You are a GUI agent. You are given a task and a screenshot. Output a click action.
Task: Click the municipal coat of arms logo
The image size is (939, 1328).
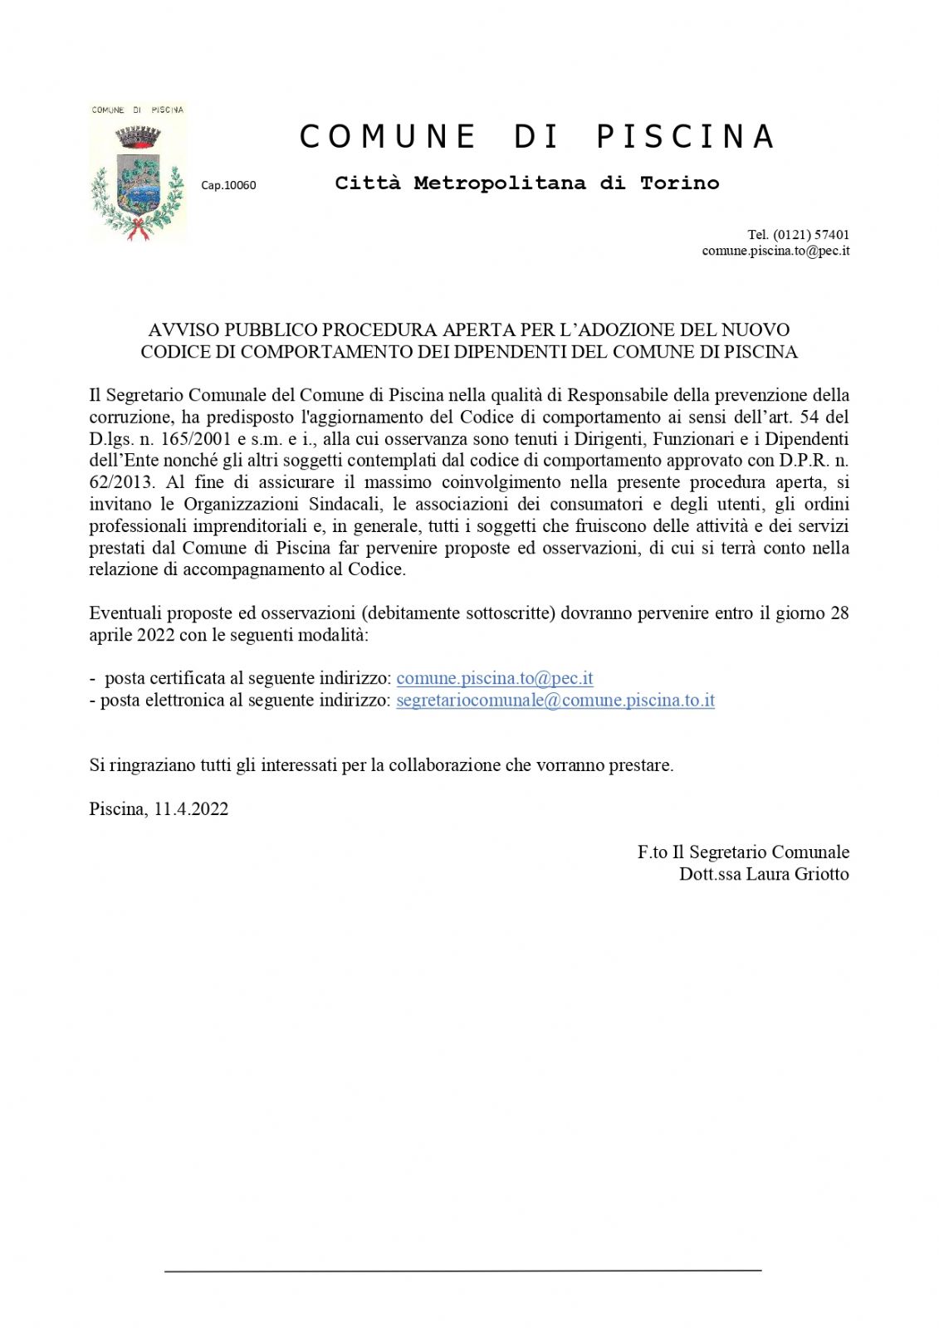click(137, 173)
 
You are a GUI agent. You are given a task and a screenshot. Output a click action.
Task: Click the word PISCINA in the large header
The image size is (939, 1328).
click(686, 137)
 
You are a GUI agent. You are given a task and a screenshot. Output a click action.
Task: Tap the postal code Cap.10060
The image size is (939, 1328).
click(228, 185)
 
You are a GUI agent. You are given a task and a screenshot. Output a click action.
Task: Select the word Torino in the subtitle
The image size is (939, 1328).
click(679, 183)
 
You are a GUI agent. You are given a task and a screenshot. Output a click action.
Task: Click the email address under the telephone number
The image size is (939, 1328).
click(775, 251)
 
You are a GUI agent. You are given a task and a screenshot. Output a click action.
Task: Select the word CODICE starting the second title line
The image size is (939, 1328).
click(175, 352)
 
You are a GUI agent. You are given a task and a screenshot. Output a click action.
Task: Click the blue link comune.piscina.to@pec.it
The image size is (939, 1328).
click(495, 678)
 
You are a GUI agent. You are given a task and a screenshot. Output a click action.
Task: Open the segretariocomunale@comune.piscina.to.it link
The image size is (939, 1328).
click(555, 700)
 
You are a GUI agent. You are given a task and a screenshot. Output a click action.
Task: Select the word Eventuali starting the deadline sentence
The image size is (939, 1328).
click(125, 613)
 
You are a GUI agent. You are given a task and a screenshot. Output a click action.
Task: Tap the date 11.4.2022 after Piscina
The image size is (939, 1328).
click(191, 809)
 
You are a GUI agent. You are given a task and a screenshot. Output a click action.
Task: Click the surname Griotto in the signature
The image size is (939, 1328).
click(820, 874)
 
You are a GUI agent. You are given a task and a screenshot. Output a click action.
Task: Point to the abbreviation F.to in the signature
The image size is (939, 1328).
click(653, 852)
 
